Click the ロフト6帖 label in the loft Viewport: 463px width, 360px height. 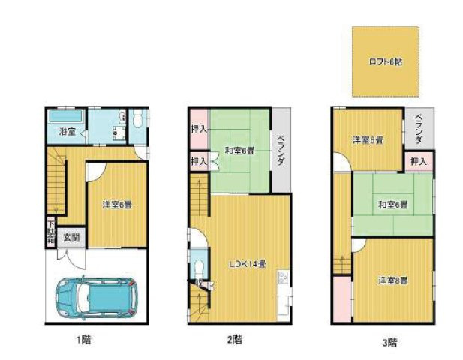(385, 62)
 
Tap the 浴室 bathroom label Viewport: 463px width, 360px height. (67, 132)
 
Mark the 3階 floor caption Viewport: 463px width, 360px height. (389, 343)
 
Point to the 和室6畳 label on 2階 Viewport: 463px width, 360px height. (239, 151)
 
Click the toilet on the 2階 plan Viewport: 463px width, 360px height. (197, 268)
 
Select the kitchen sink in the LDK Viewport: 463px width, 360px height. (284, 280)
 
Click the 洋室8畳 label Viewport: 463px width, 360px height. (392, 280)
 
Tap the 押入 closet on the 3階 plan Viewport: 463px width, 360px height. (419, 160)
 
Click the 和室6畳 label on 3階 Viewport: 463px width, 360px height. (392, 205)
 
